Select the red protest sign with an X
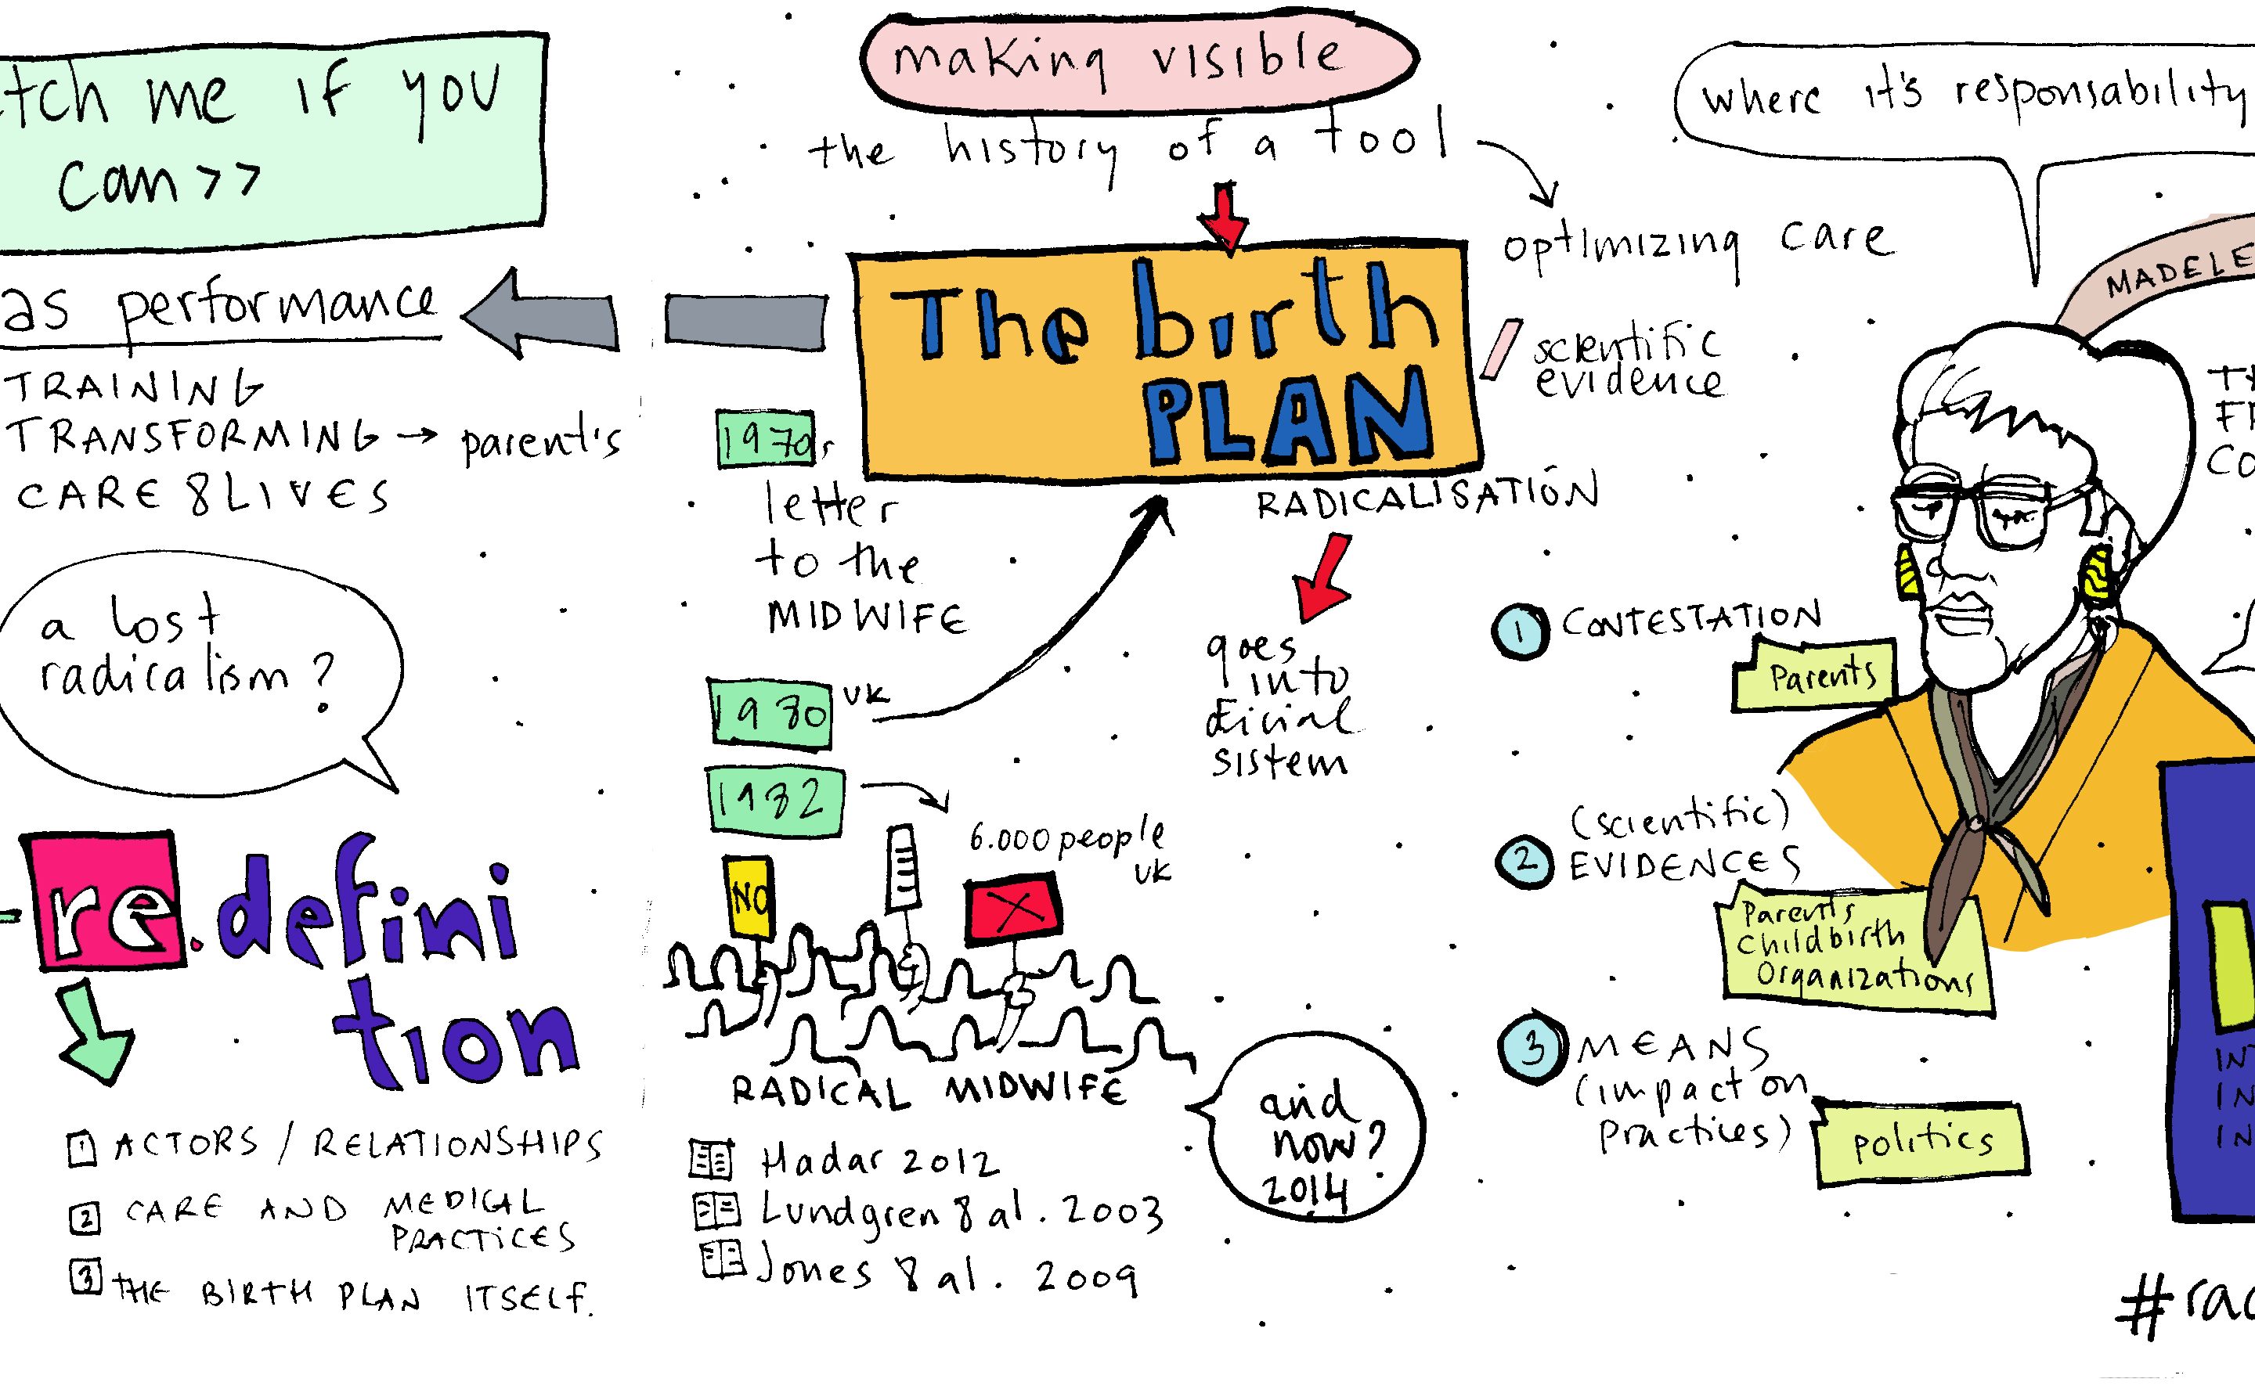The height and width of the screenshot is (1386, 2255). coord(1012,909)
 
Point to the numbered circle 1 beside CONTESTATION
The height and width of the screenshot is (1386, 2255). coord(1521,632)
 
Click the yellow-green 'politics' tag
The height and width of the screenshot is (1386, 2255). coord(1921,1141)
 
